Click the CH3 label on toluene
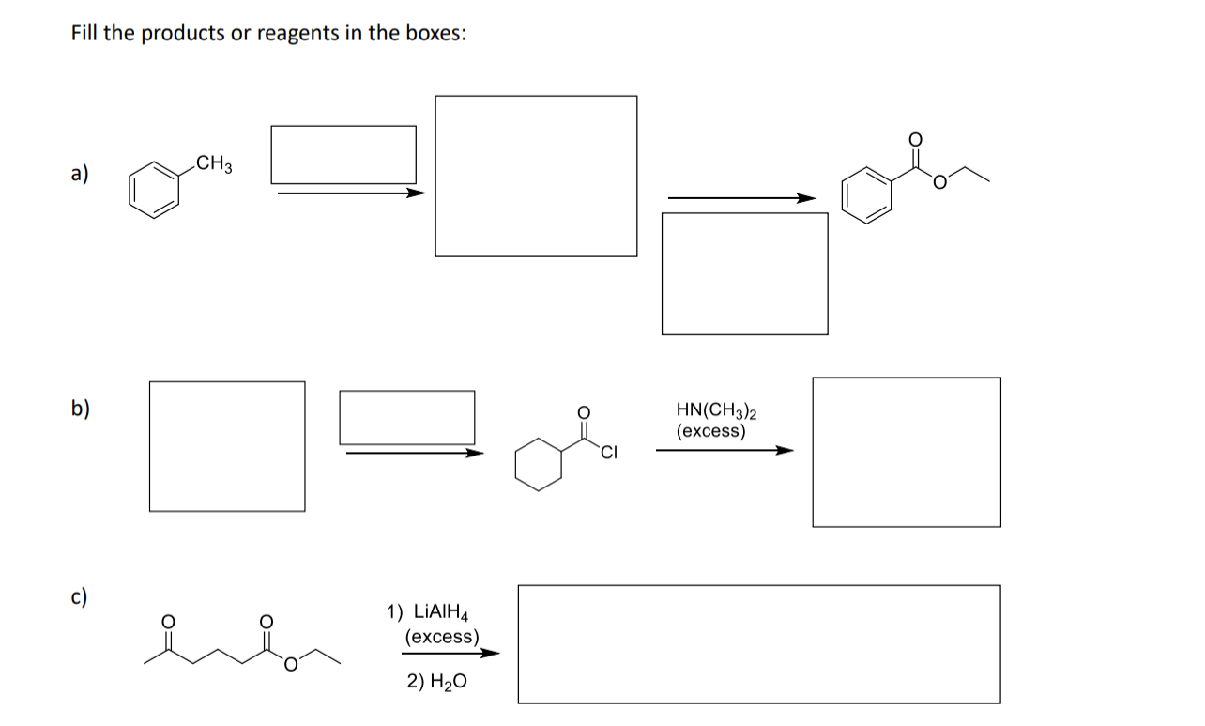(x=216, y=167)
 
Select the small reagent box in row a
(x=343, y=154)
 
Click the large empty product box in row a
(x=536, y=176)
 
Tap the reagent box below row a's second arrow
(x=744, y=273)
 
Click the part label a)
(x=80, y=174)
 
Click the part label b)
(x=81, y=409)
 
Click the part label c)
(x=80, y=596)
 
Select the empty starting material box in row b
(x=227, y=446)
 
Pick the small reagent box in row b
(x=407, y=417)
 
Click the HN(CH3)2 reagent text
(x=717, y=411)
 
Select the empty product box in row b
(x=906, y=452)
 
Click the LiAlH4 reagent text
(x=432, y=612)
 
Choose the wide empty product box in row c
(x=758, y=643)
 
